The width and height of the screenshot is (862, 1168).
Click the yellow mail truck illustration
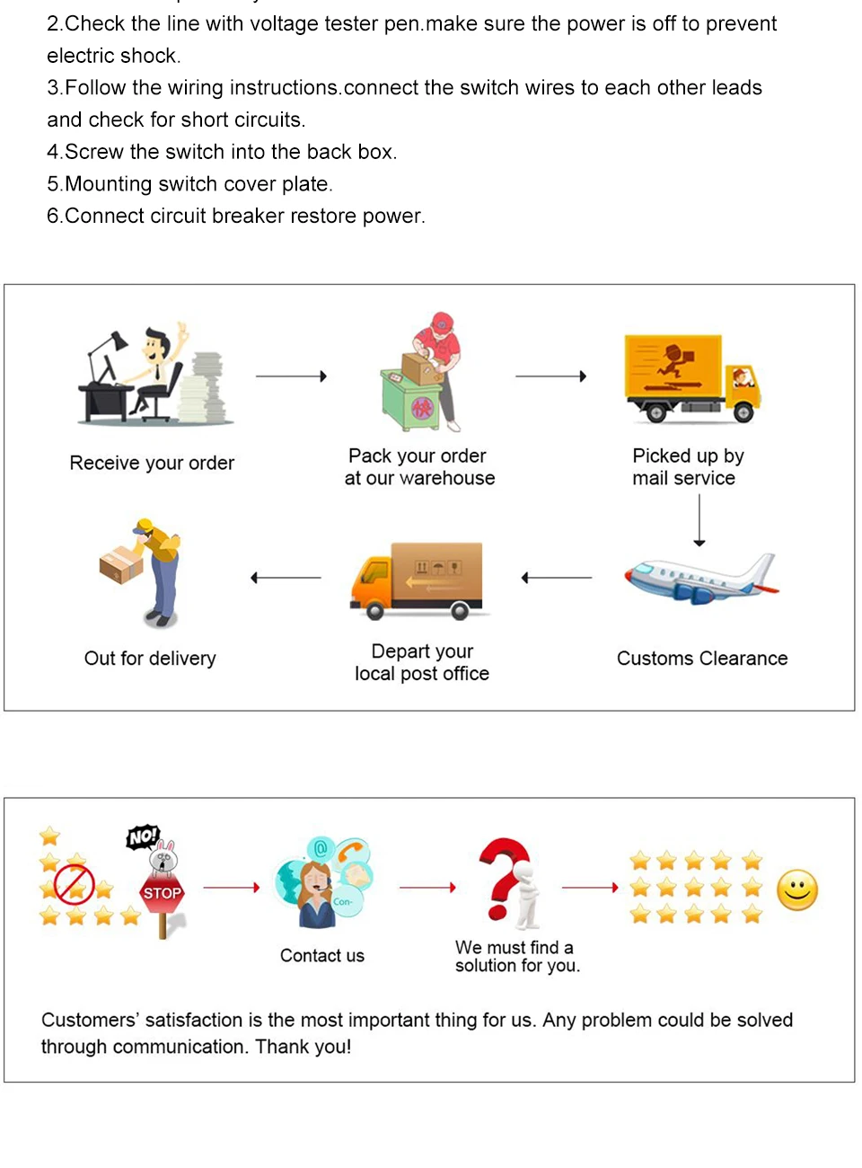[691, 377]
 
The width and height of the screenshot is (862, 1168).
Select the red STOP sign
[163, 893]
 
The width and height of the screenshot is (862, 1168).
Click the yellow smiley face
[797, 890]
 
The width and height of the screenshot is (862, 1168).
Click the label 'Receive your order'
[152, 463]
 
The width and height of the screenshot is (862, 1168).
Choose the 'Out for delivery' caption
[150, 659]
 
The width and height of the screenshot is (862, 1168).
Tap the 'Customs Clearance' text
[702, 659]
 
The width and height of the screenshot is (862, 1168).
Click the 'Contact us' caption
[322, 956]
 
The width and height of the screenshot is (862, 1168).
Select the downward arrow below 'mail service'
[699, 520]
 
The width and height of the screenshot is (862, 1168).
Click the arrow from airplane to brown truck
[557, 578]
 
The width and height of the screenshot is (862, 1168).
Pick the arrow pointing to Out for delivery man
[286, 578]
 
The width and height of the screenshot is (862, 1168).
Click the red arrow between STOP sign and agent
[232, 888]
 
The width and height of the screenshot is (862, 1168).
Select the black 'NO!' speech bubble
[143, 837]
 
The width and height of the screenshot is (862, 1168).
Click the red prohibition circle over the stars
[74, 883]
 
